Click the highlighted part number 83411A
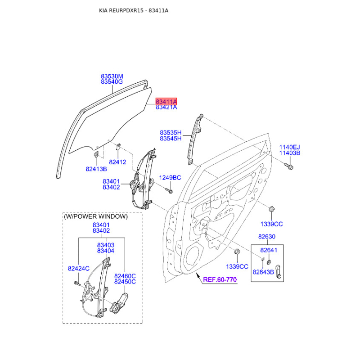[166, 101]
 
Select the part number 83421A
[166, 107]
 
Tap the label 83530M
[112, 76]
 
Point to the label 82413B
[96, 169]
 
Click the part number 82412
[117, 162]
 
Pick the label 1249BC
[170, 177]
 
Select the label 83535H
[171, 132]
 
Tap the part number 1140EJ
[289, 147]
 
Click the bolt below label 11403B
[288, 166]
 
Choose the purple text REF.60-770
[220, 279]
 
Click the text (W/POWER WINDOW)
[96, 216]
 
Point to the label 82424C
[78, 268]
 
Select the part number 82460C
[125, 276]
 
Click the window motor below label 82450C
[119, 304]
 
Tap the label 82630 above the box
[266, 237]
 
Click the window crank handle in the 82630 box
[278, 272]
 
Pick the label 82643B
[263, 272]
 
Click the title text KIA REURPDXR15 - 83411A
[134, 10]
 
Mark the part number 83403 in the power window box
[106, 245]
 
